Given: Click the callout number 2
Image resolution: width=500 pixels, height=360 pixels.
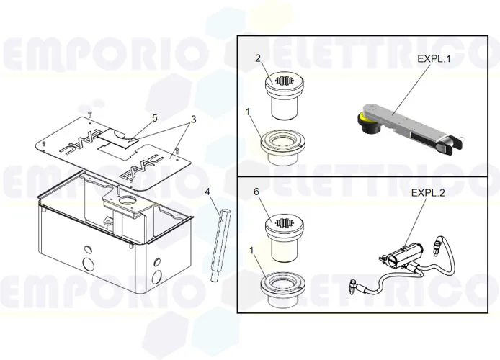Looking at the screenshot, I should pos(258,58).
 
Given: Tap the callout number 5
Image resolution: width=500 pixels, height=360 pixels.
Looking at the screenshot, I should pos(154,117).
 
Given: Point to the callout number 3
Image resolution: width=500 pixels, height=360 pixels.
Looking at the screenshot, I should pos(193,118).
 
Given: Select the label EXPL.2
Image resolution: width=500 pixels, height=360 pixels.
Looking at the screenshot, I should pos(428,193).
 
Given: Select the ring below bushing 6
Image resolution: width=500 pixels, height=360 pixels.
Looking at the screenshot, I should pos(282,286).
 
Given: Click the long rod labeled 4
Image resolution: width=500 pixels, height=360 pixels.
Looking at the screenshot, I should pos(218,245).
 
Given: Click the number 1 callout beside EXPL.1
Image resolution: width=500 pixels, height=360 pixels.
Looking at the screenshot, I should pos(247,112).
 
